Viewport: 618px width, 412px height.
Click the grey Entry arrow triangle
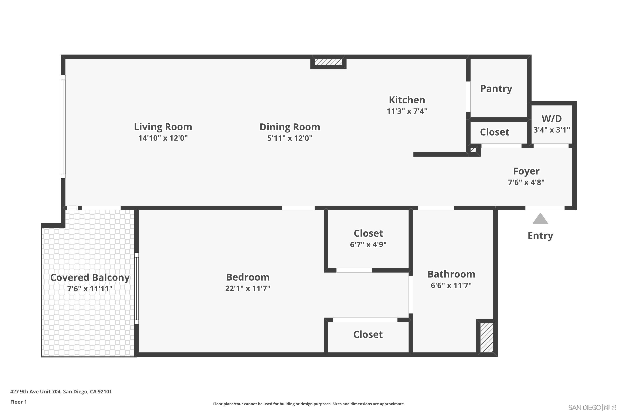(x=540, y=219)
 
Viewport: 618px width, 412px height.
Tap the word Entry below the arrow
(x=540, y=236)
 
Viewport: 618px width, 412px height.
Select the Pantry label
(x=496, y=89)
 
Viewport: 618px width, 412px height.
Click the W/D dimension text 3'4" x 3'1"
(x=551, y=130)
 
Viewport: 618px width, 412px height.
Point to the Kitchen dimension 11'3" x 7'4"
(x=407, y=111)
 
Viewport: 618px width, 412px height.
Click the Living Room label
(x=163, y=127)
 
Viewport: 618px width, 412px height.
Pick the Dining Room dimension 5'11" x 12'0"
(x=290, y=138)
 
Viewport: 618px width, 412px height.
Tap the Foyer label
(x=526, y=171)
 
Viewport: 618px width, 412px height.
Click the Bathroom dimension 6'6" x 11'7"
(x=451, y=285)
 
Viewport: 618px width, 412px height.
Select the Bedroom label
(x=248, y=277)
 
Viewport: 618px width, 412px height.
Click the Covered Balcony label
(x=90, y=277)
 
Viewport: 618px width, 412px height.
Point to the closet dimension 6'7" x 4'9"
(x=368, y=245)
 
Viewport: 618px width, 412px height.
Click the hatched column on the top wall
(x=328, y=62)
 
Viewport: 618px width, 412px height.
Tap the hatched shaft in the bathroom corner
(x=487, y=338)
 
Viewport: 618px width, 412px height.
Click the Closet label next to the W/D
(x=495, y=132)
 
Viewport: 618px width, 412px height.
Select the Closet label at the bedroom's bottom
(x=368, y=335)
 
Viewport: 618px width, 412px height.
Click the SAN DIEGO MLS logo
(x=592, y=407)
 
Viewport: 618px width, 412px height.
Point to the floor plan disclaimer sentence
(x=309, y=404)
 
